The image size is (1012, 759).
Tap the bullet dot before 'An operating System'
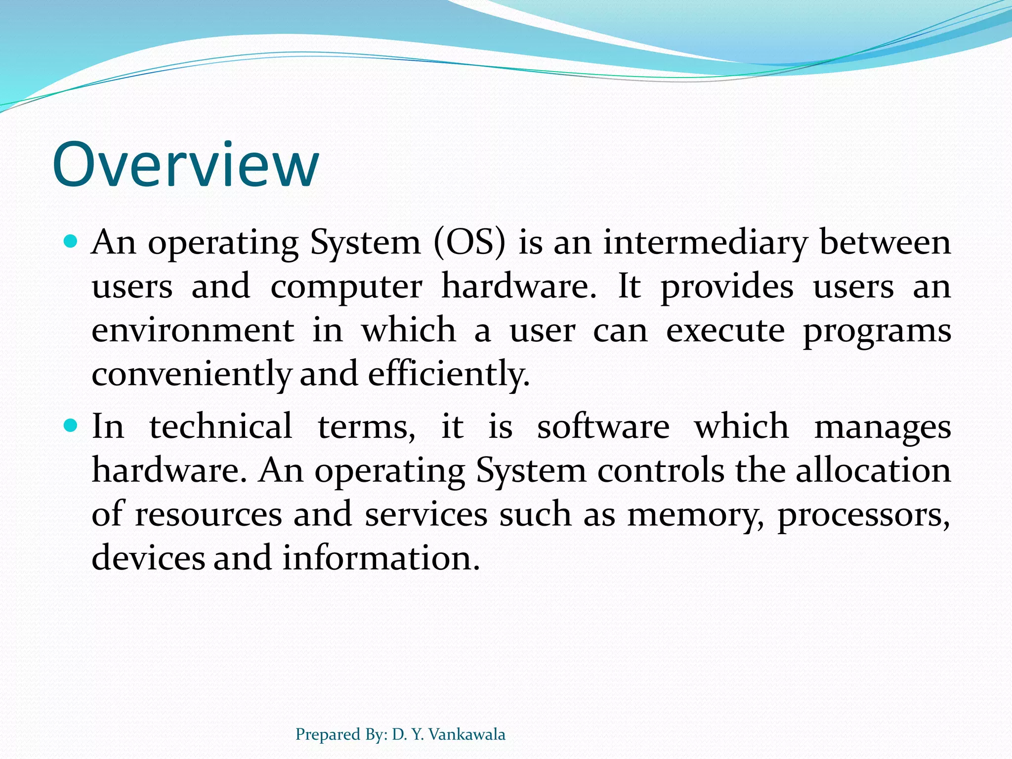pos(71,242)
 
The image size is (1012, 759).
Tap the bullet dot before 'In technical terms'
pos(71,425)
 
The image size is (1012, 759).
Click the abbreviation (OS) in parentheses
pos(470,243)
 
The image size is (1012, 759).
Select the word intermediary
pos(705,243)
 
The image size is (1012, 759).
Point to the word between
pos(885,243)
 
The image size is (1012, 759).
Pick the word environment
pos(193,330)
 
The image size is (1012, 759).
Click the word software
pos(603,426)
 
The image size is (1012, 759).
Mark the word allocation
pos(873,470)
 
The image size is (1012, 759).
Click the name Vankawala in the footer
pos(467,734)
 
